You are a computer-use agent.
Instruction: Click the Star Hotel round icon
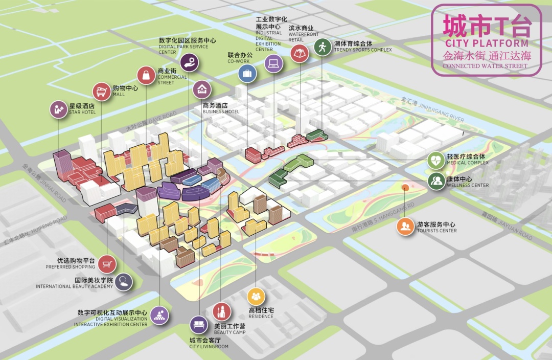click(x=58, y=109)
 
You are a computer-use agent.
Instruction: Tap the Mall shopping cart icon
click(x=101, y=92)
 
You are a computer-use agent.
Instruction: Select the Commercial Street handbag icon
click(x=146, y=76)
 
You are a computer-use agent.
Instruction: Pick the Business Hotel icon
click(x=202, y=89)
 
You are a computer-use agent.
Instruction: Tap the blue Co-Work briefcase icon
click(x=247, y=73)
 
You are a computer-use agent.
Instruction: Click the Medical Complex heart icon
click(x=436, y=161)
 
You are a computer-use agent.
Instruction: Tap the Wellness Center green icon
click(x=436, y=181)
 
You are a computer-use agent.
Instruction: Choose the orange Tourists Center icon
click(x=406, y=226)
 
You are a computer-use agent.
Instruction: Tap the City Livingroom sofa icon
click(x=199, y=325)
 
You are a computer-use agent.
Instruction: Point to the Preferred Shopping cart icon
click(x=107, y=264)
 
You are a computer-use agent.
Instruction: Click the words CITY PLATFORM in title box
click(x=486, y=43)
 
